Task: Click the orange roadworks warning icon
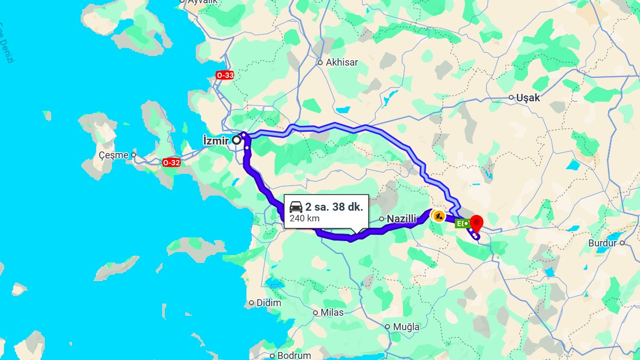tap(438, 216)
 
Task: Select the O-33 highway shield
tap(225, 75)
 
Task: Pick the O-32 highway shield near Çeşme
tap(171, 163)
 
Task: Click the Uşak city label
tap(528, 98)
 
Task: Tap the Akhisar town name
tap(342, 62)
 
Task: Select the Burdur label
tap(602, 243)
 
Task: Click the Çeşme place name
tap(114, 155)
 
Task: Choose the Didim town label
tap(269, 303)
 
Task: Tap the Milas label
tap(332, 313)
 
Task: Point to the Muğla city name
tap(406, 326)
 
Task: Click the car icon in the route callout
tap(296, 207)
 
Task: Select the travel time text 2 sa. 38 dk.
tap(334, 207)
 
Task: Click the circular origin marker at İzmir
tap(236, 140)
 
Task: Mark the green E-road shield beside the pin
tap(462, 223)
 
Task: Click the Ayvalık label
tap(202, 2)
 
